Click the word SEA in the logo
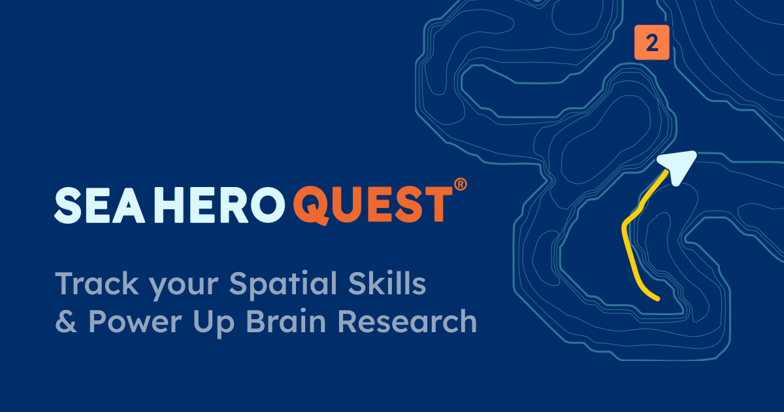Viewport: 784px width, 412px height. (x=99, y=205)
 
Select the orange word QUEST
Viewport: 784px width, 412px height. (x=372, y=205)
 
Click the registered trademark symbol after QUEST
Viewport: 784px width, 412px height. (x=460, y=184)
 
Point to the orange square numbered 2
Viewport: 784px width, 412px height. (x=652, y=43)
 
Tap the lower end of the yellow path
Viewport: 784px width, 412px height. (x=658, y=299)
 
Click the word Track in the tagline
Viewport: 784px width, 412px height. (x=97, y=283)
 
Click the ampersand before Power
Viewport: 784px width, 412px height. (x=66, y=321)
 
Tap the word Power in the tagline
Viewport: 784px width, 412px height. (x=135, y=321)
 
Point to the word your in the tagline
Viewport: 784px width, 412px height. (x=184, y=286)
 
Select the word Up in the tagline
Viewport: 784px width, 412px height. (x=214, y=324)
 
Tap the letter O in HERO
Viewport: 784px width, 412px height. (x=267, y=205)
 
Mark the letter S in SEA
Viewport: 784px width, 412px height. (x=68, y=205)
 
